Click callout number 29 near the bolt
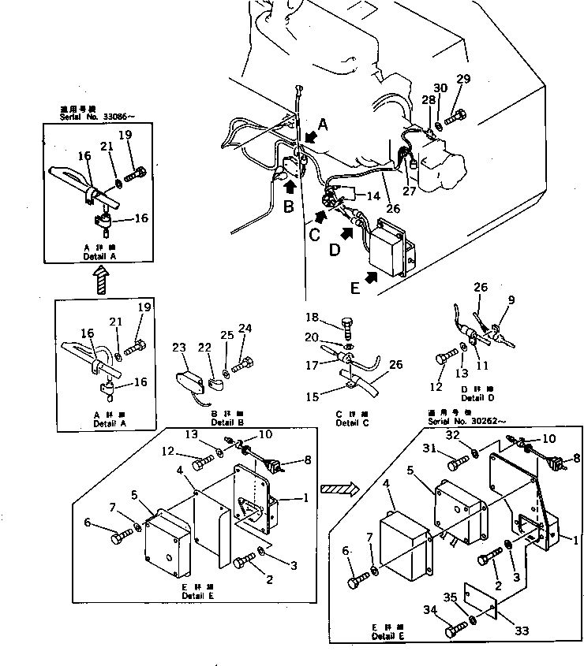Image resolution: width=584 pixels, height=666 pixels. [463, 78]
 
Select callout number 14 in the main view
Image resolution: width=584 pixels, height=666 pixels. [372, 195]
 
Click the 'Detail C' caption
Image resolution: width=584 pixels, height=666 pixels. [347, 423]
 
